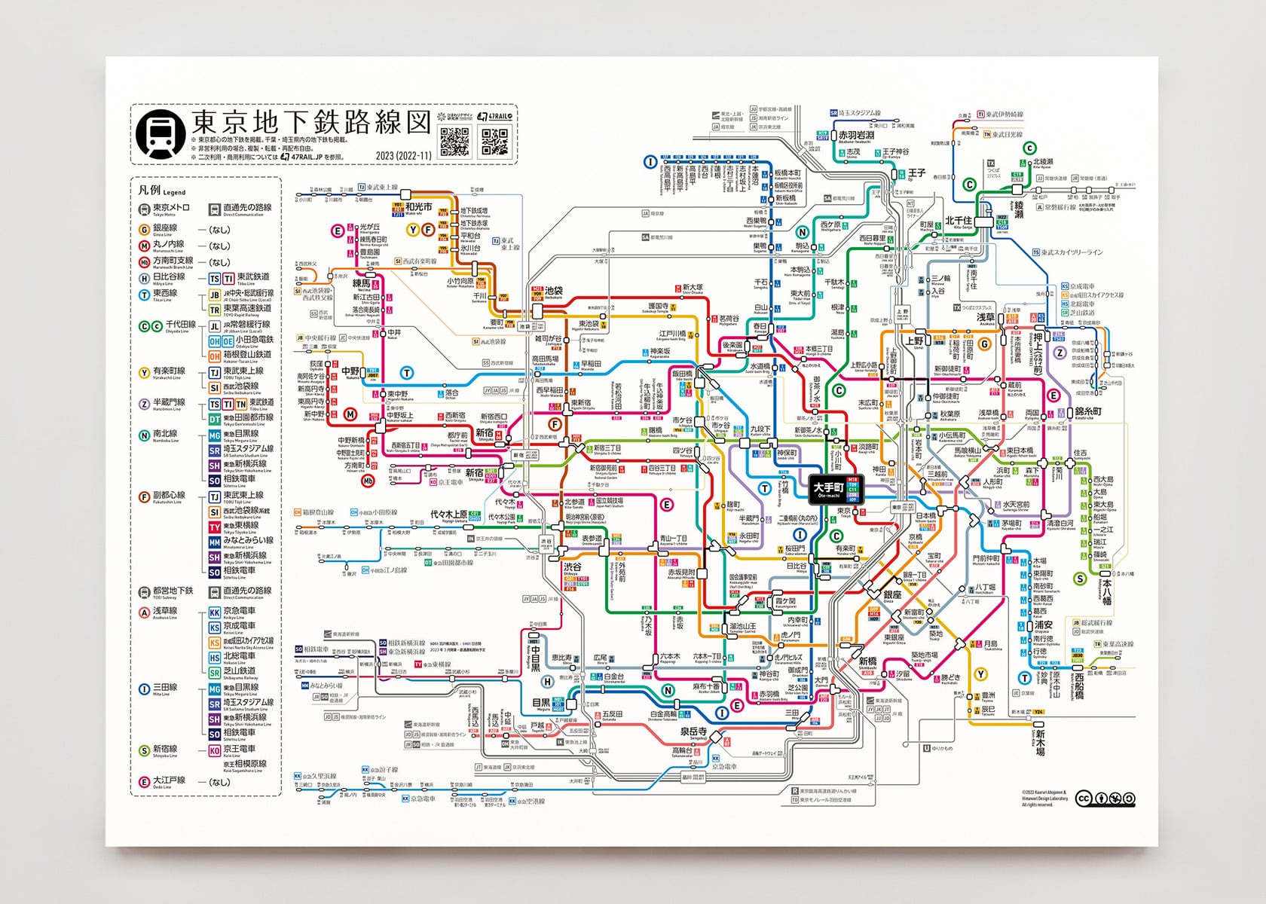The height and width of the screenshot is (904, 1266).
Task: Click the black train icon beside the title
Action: [x=161, y=134]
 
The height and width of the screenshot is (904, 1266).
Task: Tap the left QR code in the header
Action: [x=454, y=141]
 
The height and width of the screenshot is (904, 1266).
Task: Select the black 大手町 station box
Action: [x=829, y=489]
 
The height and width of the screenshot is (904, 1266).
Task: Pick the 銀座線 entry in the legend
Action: [x=165, y=228]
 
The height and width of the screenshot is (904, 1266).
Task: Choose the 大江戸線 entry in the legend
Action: [x=168, y=780]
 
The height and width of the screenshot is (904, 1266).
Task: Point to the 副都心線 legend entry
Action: [x=168, y=496]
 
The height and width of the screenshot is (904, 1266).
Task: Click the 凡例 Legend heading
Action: [x=161, y=190]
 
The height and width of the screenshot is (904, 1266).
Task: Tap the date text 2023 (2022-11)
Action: [x=403, y=156]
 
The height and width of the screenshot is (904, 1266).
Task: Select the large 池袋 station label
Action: [x=554, y=291]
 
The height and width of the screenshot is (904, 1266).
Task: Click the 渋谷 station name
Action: [x=572, y=567]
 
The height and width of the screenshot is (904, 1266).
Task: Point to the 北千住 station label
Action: [x=959, y=221]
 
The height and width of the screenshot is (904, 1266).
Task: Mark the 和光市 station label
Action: [x=419, y=206]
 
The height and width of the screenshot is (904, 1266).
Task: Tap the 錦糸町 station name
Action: [x=1088, y=411]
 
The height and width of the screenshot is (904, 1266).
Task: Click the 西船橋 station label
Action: [x=1079, y=686]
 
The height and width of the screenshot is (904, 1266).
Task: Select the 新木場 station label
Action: [x=1040, y=743]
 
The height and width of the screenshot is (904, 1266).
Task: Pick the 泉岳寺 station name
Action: [x=693, y=731]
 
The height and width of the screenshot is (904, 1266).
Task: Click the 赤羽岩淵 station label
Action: [x=857, y=136]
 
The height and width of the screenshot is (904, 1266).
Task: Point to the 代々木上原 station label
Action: [x=448, y=515]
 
